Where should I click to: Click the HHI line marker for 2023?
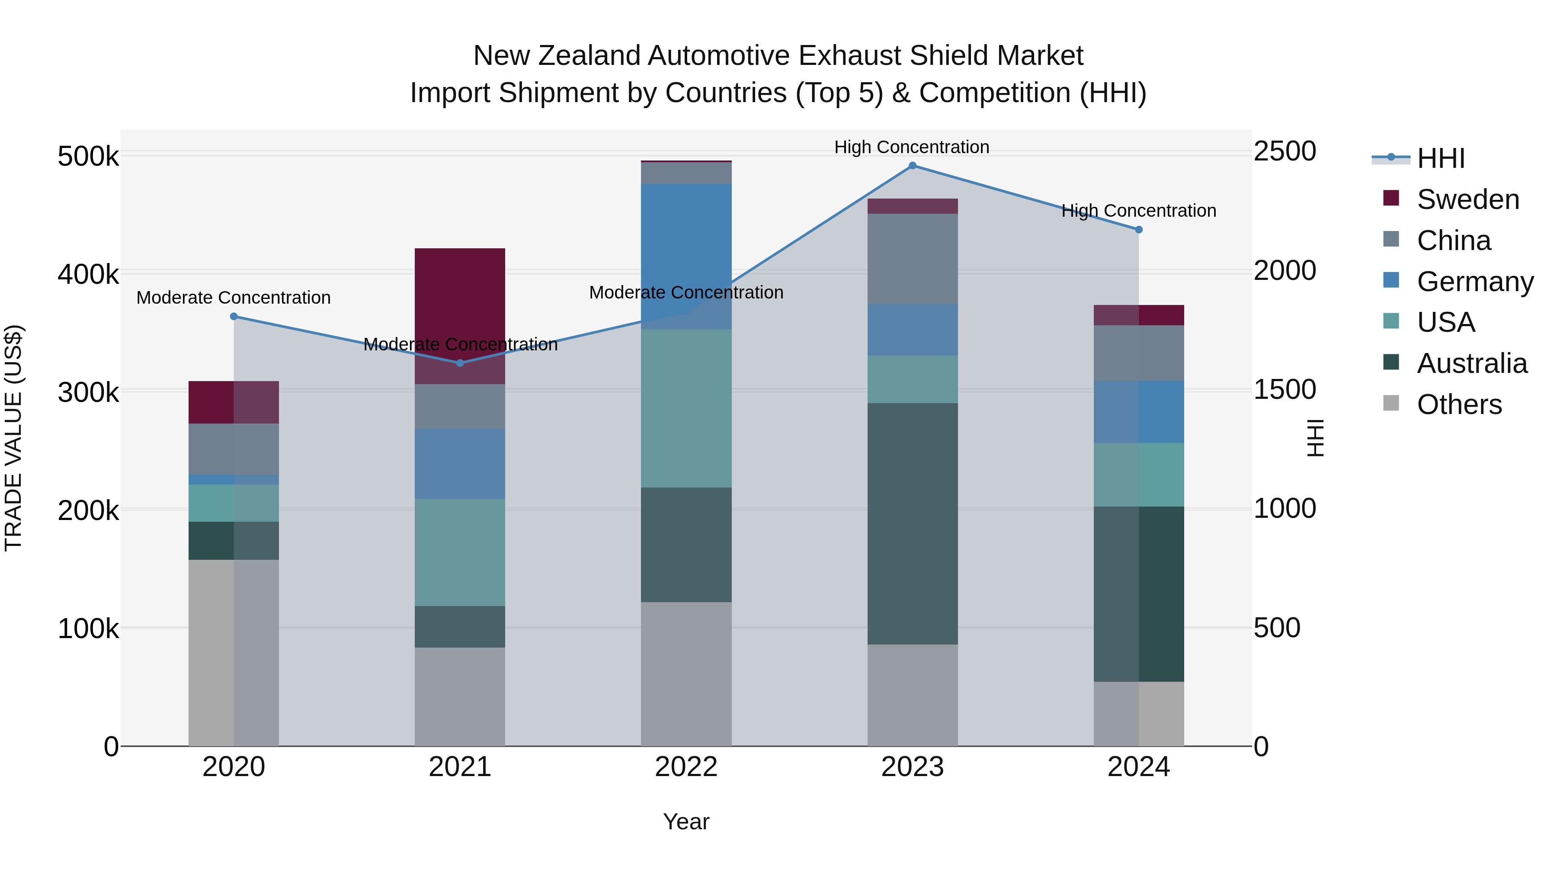(912, 166)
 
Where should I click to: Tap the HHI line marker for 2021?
(460, 363)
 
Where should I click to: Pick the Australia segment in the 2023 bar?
(912, 523)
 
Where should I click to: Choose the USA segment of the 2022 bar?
(686, 408)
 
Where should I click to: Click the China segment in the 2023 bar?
(912, 259)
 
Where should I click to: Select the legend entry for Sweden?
(1467, 199)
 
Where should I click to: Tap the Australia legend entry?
(1471, 363)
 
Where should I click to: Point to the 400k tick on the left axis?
(88, 274)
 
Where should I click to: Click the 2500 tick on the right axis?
(1285, 151)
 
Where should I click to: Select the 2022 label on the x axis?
(686, 767)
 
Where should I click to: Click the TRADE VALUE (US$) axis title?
(13, 438)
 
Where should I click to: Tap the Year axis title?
(686, 821)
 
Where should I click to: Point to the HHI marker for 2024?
(1138, 230)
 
